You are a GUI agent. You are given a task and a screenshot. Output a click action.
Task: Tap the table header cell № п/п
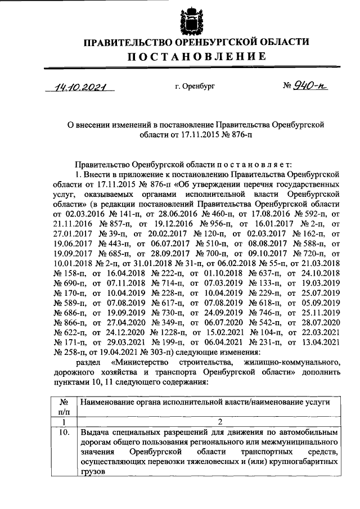(x=64, y=407)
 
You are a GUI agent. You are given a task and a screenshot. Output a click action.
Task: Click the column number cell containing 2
(x=209, y=422)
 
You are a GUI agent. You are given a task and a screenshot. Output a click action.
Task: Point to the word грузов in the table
(x=93, y=473)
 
